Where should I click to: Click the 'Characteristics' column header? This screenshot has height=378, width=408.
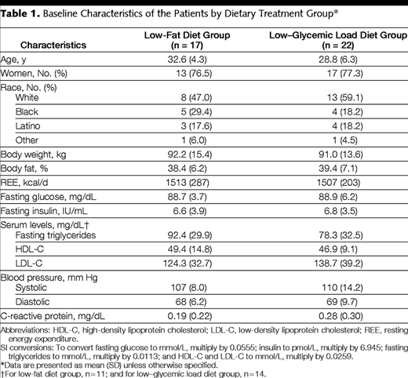point(53,45)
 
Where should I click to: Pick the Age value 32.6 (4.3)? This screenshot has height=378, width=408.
point(187,60)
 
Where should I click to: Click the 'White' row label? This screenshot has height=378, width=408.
point(27,97)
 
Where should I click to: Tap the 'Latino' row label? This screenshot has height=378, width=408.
point(27,126)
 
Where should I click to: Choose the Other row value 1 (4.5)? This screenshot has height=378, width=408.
point(344,140)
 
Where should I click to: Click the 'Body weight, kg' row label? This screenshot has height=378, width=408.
point(33,154)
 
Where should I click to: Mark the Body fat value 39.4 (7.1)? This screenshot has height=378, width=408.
point(338,169)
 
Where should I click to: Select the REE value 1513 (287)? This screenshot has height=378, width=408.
point(188,183)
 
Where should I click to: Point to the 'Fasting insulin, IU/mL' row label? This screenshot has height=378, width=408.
point(44,211)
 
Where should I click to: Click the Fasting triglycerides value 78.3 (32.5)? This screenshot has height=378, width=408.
point(341,235)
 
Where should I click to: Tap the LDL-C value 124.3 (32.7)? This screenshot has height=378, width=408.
point(188,264)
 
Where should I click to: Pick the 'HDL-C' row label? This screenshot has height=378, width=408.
point(30,249)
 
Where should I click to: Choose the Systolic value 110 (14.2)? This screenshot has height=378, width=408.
point(342,288)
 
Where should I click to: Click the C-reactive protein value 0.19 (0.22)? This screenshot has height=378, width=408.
point(190,316)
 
